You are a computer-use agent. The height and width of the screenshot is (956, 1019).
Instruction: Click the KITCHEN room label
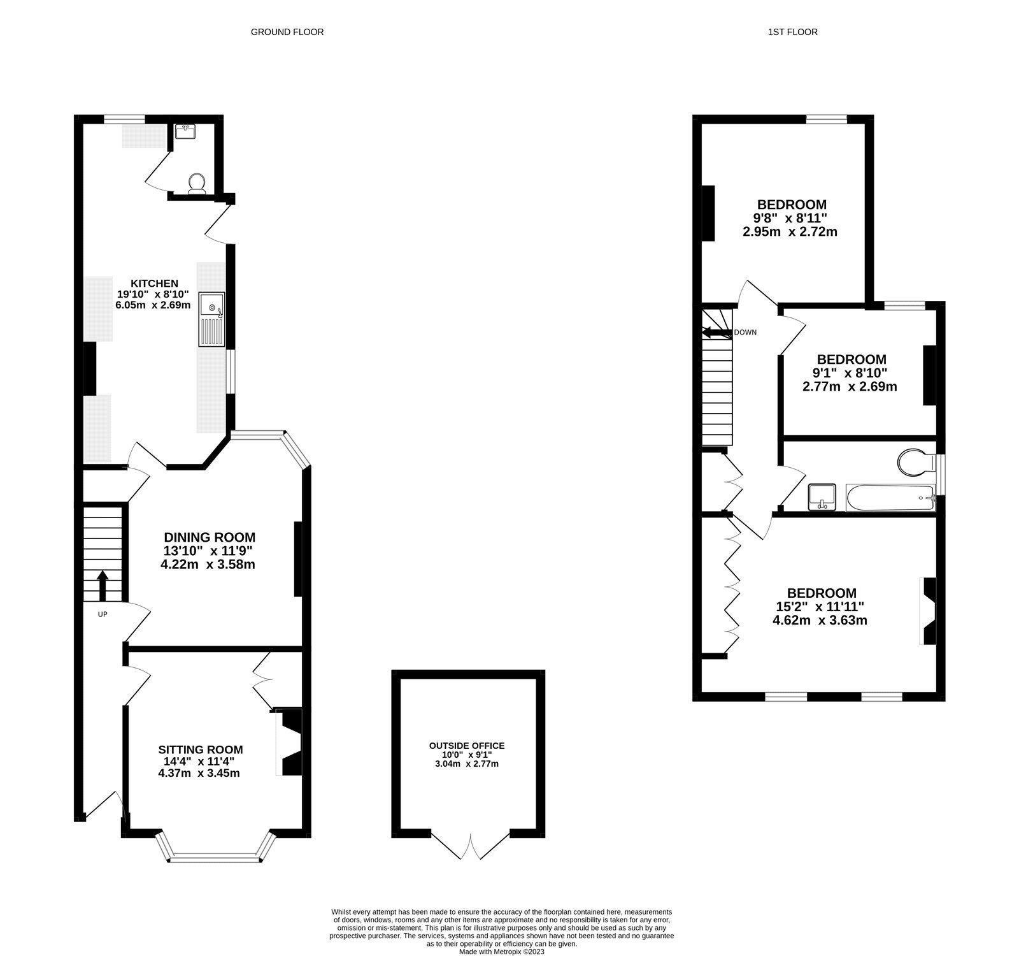click(x=154, y=283)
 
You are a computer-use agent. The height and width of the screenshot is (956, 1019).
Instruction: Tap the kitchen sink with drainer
click(x=211, y=320)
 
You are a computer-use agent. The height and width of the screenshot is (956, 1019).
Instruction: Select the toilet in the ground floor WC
click(x=197, y=183)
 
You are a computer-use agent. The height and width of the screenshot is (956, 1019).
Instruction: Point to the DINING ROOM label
click(x=210, y=537)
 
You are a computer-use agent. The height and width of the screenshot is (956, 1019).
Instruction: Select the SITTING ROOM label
click(x=201, y=750)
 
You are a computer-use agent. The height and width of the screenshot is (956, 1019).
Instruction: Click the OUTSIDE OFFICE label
click(x=467, y=746)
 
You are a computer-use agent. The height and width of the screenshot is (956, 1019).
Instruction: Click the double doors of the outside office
click(x=470, y=844)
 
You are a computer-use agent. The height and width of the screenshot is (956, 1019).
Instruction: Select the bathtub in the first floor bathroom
click(x=890, y=498)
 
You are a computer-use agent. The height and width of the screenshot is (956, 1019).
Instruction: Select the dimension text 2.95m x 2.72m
click(x=790, y=231)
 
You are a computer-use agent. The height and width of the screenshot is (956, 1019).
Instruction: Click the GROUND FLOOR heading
click(x=287, y=32)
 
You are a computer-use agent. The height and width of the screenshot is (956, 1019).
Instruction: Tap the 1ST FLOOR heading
click(x=792, y=32)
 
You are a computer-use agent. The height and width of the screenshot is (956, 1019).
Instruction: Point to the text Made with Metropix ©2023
click(x=502, y=952)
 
